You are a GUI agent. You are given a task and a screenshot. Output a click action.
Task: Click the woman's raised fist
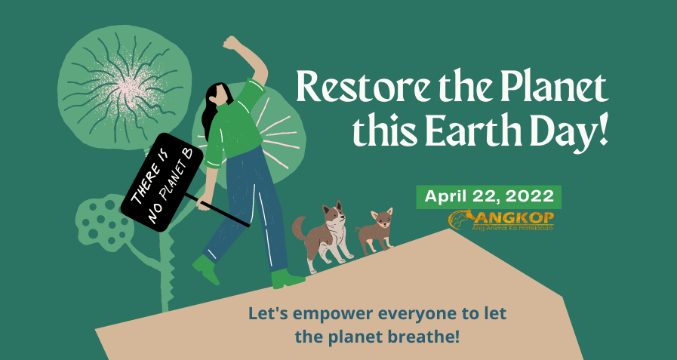coord(232,43)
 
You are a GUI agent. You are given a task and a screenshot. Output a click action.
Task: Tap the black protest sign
coord(162,182)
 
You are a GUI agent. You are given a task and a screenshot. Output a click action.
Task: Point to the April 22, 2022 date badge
coord(489,197)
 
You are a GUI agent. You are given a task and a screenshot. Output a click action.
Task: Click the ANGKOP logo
coord(501,220)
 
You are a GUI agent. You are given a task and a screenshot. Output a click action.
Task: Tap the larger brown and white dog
coord(322,235)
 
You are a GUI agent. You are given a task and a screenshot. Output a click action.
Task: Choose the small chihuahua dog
coord(375,231)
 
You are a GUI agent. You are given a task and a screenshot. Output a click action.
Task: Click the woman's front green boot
coord(288,279)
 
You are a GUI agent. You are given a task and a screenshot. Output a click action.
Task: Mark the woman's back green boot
coord(206,269)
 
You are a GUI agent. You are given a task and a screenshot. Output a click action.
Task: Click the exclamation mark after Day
coord(602,129)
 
